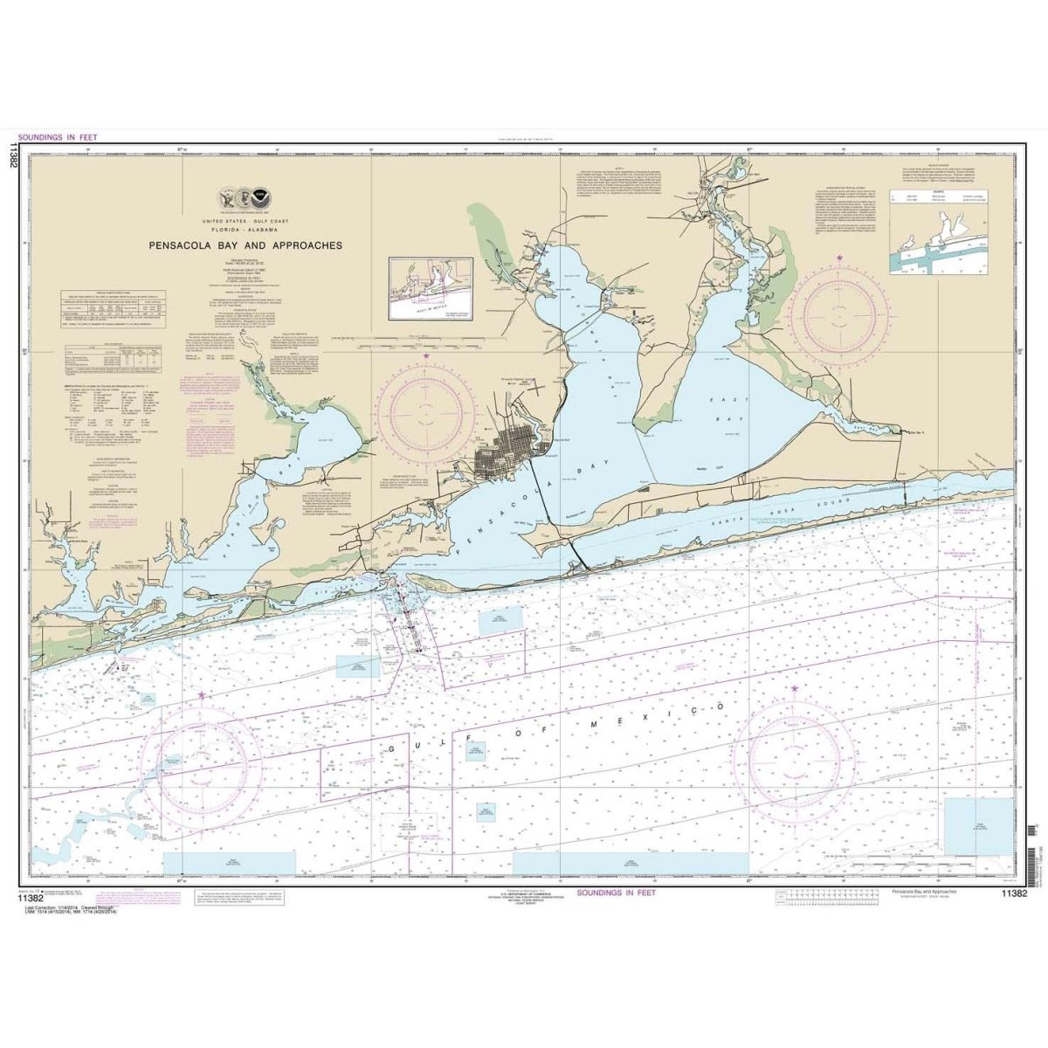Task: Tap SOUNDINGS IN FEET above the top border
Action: tap(53, 137)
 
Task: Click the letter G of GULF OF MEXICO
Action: tap(391, 750)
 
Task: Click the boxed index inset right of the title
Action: tap(430, 287)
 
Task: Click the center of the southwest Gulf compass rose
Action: tap(202, 755)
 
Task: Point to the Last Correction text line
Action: tap(79, 909)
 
